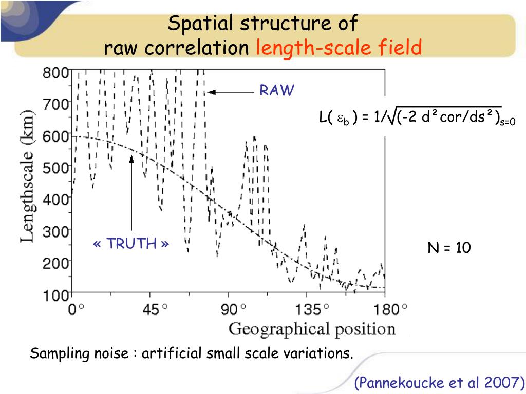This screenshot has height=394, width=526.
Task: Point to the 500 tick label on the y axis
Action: pyautogui.click(x=55, y=167)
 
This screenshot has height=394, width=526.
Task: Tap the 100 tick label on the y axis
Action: pyautogui.click(x=55, y=295)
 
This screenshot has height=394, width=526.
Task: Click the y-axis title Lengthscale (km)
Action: pyautogui.click(x=29, y=176)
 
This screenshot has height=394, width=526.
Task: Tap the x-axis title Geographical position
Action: pyautogui.click(x=312, y=329)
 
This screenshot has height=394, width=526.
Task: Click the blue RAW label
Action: pyautogui.click(x=277, y=91)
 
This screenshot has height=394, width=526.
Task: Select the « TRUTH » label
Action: pyautogui.click(x=131, y=244)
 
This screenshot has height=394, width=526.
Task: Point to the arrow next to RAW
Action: pyautogui.click(x=231, y=92)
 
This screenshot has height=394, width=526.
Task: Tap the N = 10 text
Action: pyautogui.click(x=449, y=248)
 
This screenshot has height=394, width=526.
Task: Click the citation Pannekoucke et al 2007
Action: pyautogui.click(x=440, y=383)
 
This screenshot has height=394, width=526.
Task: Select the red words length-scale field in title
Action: pyautogui.click(x=339, y=48)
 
